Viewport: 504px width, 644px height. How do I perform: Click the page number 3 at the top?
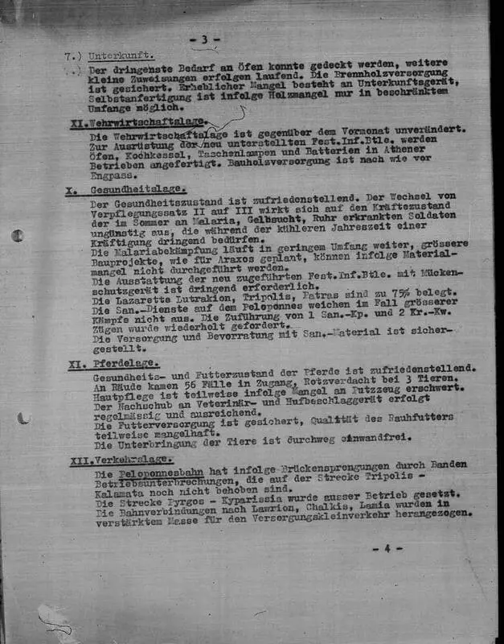[204, 39]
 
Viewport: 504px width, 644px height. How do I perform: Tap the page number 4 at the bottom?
[386, 549]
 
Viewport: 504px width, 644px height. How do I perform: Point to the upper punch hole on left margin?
[18, 237]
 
